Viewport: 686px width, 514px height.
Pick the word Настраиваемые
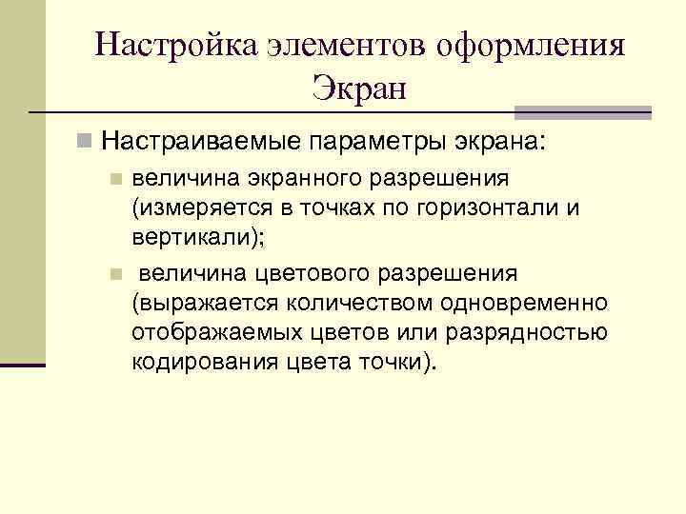point(199,143)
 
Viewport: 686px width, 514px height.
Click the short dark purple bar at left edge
point(23,365)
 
